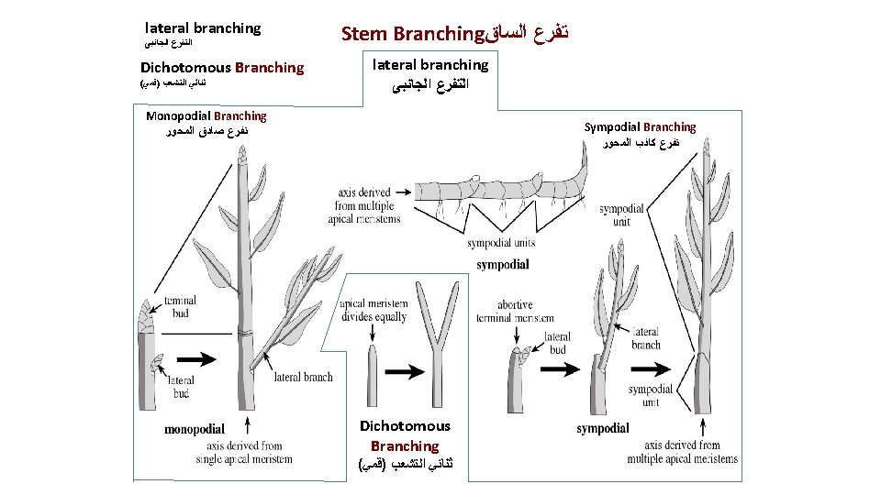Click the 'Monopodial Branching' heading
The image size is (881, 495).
[x=206, y=116]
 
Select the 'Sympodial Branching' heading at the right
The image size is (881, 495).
[x=640, y=127]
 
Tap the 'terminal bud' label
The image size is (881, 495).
[x=180, y=306]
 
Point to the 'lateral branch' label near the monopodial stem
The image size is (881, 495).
[x=304, y=377]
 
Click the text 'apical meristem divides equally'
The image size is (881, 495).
[x=373, y=311]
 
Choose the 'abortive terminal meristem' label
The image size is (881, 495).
[x=515, y=312]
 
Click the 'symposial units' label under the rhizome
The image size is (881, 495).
[x=501, y=244]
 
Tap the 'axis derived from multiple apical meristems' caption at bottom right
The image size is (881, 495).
[x=682, y=452]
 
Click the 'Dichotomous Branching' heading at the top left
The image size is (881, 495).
[x=221, y=68]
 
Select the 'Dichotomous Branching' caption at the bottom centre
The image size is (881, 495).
[x=405, y=435]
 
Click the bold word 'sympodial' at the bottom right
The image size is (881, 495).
[x=602, y=428]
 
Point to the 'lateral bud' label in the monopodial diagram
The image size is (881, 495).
[x=180, y=387]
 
